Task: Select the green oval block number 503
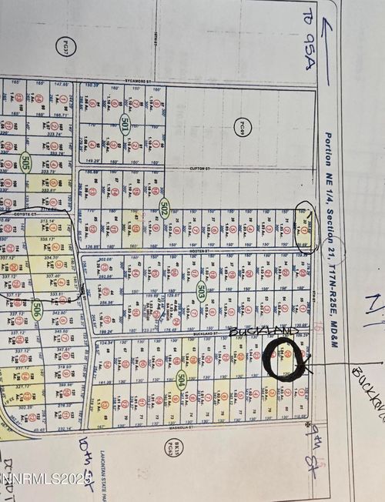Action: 201,292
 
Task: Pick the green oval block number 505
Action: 25,162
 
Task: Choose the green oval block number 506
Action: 36,310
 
